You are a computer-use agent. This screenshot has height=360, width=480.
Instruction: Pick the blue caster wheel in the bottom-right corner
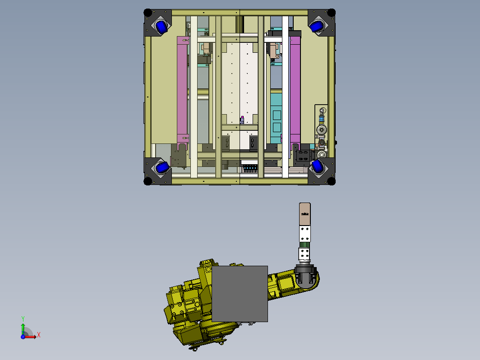[x=318, y=166]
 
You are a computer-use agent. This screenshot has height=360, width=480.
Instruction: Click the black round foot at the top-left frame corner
[x=148, y=13]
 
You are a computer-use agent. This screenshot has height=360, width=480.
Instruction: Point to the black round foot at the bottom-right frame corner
[x=331, y=181]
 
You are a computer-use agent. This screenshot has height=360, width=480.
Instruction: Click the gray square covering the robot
[x=240, y=294]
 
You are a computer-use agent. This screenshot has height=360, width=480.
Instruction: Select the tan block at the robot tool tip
[x=305, y=214]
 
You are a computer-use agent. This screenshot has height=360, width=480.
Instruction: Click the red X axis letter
[x=39, y=335]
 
